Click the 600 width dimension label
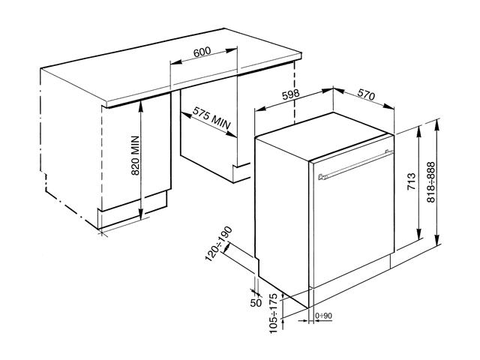pyautogui.click(x=202, y=52)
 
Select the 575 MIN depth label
pyautogui.click(x=211, y=118)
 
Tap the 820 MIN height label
pyautogui.click(x=135, y=155)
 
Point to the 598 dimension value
pyautogui.click(x=290, y=94)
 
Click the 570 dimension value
pyautogui.click(x=366, y=95)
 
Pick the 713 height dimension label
pyautogui.click(x=412, y=181)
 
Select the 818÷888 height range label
pyautogui.click(x=430, y=181)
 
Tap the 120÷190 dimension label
pyautogui.click(x=218, y=244)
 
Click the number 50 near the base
pyautogui.click(x=256, y=303)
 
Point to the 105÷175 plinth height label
pyautogui.click(x=273, y=313)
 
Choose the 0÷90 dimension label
pyautogui.click(x=323, y=316)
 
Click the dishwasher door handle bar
pyautogui.click(x=356, y=164)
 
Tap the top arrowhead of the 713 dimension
pyautogui.click(x=419, y=132)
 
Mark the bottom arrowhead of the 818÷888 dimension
pyautogui.click(x=438, y=238)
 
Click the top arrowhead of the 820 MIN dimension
pyautogui.click(x=140, y=105)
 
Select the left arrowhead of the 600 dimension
pyautogui.click(x=175, y=62)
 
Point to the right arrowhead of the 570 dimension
pyautogui.click(x=389, y=106)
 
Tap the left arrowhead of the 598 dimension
pyautogui.click(x=260, y=109)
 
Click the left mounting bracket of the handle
pyautogui.click(x=321, y=177)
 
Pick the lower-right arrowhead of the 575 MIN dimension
pyautogui.click(x=232, y=134)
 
